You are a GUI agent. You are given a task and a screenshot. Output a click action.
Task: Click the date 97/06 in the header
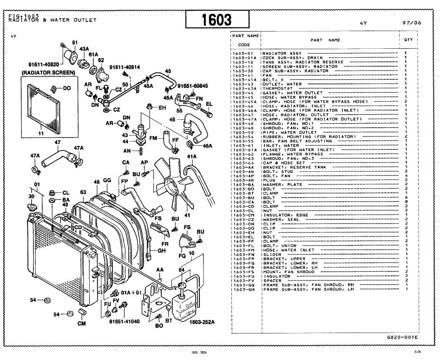point(412,22)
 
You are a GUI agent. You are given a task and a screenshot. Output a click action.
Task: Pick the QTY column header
point(408,40)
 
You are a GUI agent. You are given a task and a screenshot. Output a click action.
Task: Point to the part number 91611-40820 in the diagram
point(42,64)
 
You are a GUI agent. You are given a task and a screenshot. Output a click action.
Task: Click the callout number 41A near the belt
point(191,157)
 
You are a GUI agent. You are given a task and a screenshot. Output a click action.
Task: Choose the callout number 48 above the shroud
point(97,182)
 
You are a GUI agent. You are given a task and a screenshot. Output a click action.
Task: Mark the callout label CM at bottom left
point(81,324)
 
